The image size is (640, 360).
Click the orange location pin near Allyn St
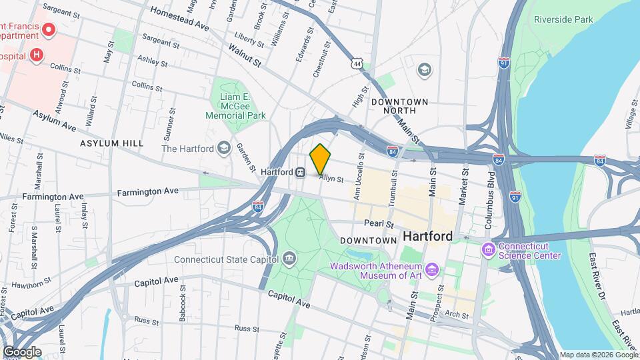tap(321, 159)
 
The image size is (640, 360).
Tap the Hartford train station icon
tap(301, 172)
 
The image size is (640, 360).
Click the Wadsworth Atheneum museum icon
tap(433, 270)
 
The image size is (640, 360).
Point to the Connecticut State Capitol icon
tap(289, 257)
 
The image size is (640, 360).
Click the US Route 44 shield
tap(358, 63)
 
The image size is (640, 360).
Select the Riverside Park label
tap(563, 20)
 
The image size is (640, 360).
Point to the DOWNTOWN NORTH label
tap(400, 107)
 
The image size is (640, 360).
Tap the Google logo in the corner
tap(21, 351)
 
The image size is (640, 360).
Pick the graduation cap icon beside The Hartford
tap(225, 148)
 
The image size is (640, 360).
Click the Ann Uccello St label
tap(359, 177)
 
